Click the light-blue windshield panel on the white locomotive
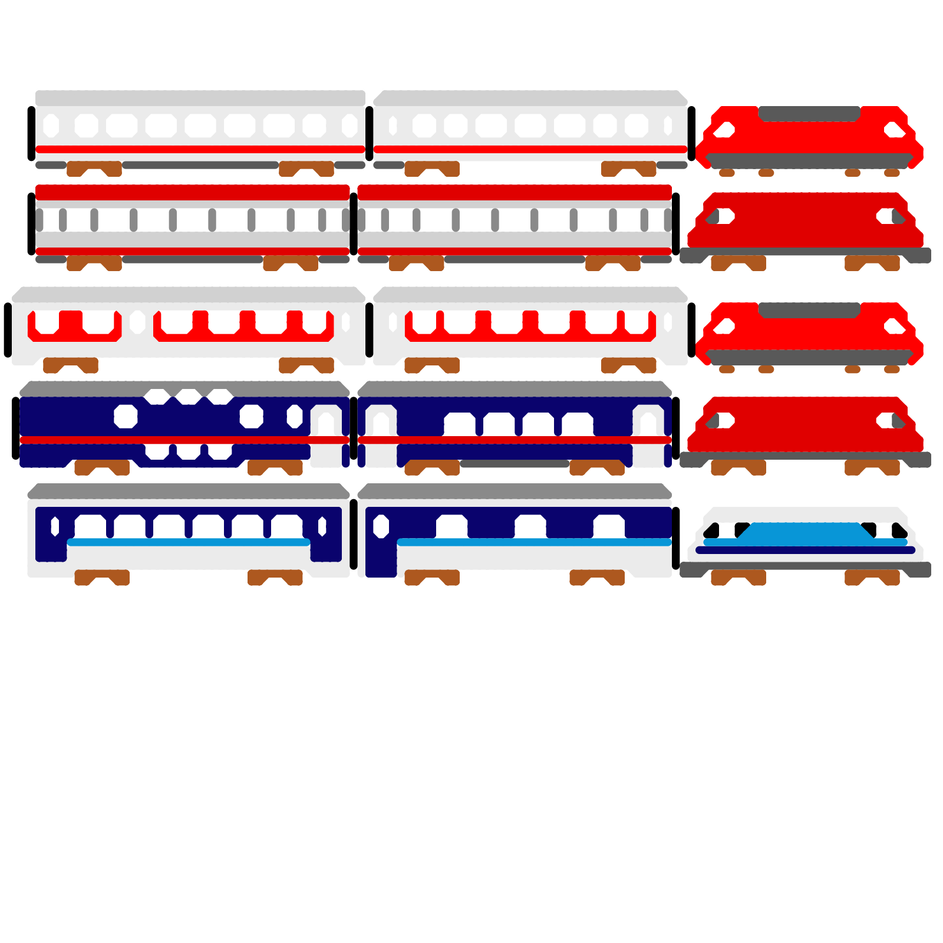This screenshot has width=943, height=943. (x=804, y=533)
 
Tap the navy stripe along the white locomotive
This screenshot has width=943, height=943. (x=805, y=550)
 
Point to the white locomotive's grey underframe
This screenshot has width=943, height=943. (x=805, y=567)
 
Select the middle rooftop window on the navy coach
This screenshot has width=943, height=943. (x=189, y=396)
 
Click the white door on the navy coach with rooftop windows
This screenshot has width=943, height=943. (x=326, y=436)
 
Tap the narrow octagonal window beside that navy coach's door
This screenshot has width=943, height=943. (x=295, y=416)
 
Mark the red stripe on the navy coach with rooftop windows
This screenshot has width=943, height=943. (x=177, y=440)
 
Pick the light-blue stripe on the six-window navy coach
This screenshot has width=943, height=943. (x=189, y=542)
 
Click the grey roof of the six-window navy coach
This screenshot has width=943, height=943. (x=189, y=491)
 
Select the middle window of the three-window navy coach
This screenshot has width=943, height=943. (x=530, y=526)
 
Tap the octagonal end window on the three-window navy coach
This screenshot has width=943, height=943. (x=381, y=526)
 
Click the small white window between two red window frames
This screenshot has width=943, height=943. (x=137, y=322)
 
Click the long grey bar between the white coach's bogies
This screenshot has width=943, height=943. (x=200, y=165)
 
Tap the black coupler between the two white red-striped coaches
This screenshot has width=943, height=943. (x=370, y=134)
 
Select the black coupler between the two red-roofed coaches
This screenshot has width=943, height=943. (x=354, y=224)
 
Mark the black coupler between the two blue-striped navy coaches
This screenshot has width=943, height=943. (x=354, y=534)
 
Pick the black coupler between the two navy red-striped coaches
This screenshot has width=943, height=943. (x=354, y=428)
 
